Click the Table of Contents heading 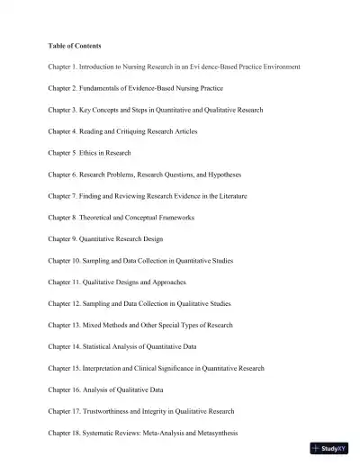75,46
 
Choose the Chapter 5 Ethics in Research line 90,154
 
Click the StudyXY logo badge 333,449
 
